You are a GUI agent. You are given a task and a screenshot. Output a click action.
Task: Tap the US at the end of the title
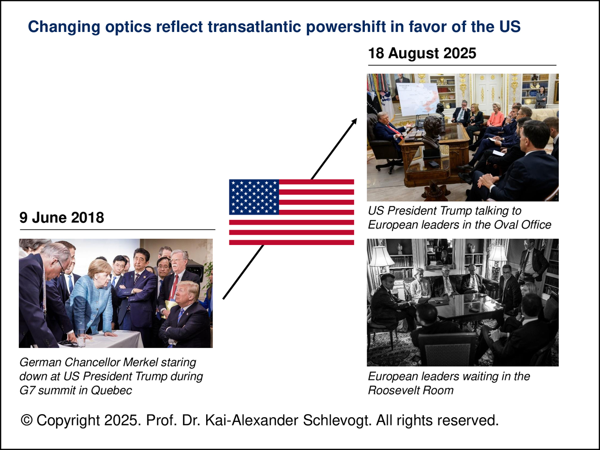[509, 27]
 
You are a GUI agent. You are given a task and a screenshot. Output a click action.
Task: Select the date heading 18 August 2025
[422, 53]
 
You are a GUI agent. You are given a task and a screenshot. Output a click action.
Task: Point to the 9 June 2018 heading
[62, 218]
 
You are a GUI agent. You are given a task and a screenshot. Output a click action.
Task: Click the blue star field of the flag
[254, 197]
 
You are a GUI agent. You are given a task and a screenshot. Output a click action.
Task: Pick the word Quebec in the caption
[111, 390]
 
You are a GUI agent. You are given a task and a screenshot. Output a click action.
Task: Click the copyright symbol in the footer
[27, 420]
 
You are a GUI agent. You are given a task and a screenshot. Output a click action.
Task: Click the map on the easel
[418, 100]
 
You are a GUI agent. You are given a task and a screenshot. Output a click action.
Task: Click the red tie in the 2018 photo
[175, 287]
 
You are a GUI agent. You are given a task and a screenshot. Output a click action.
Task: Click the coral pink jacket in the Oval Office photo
[495, 119]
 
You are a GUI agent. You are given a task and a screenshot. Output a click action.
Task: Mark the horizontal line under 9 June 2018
[118, 230]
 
